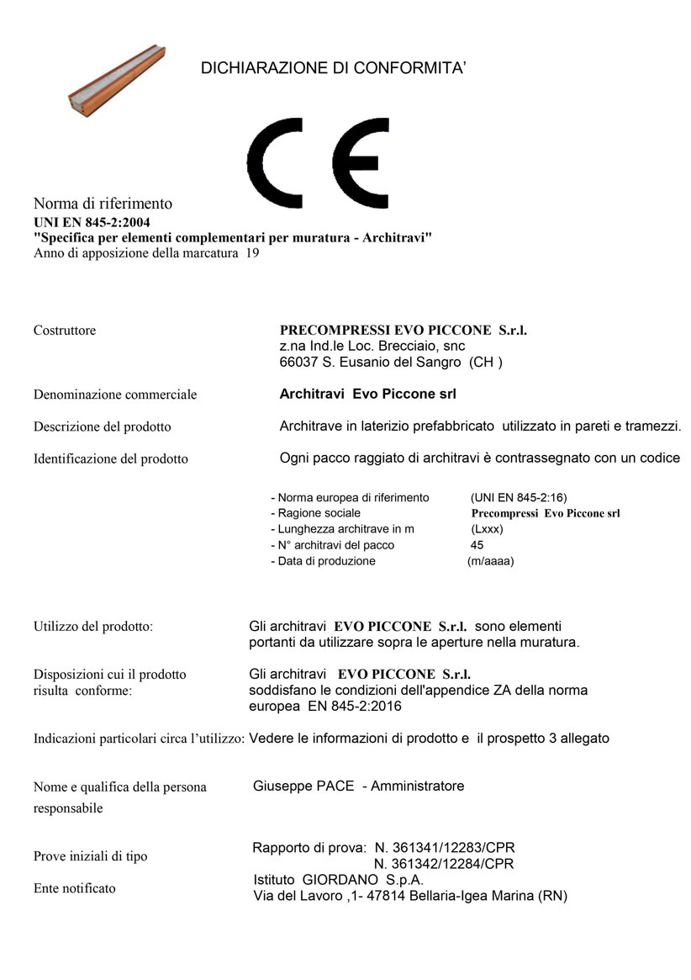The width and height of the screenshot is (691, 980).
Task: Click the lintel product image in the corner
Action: (x=115, y=79)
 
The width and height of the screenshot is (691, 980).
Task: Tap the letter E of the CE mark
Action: (x=359, y=162)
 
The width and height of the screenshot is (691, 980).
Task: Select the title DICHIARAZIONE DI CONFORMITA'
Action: (x=334, y=68)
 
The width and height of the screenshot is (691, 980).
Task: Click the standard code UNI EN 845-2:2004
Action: (x=92, y=223)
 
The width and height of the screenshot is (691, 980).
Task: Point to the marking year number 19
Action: (x=252, y=252)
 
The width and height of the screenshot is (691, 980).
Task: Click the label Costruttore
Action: (x=65, y=331)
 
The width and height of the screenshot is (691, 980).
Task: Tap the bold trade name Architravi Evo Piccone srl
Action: (x=367, y=394)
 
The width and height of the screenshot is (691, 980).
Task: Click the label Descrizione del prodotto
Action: (x=102, y=426)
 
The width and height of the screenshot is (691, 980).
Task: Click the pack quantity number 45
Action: (x=477, y=545)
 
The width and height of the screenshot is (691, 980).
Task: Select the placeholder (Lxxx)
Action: (x=488, y=529)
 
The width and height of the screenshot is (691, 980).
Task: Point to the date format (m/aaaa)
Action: (x=490, y=561)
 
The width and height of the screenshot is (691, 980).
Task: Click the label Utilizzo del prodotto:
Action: (x=92, y=627)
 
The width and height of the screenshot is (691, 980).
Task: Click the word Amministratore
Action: (x=418, y=787)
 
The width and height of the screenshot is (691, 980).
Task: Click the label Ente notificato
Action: (x=75, y=888)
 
